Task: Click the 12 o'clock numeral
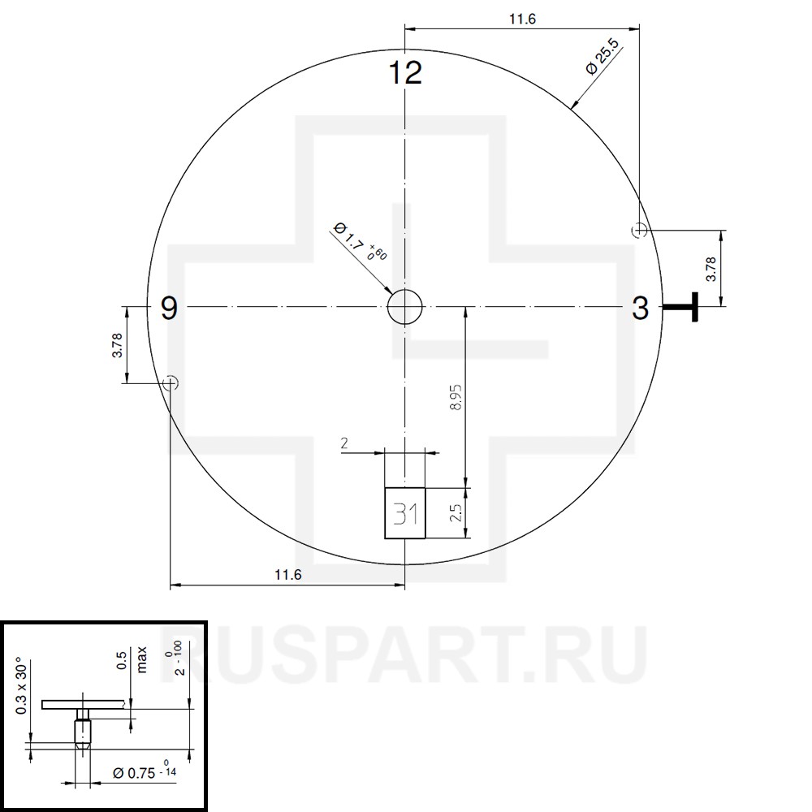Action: pos(405,72)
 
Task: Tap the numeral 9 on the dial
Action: pos(169,308)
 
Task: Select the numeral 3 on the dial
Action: pos(640,308)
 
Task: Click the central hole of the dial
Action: pos(405,307)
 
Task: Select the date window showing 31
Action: pos(405,513)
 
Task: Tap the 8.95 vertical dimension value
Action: pos(456,397)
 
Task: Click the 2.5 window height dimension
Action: pos(456,513)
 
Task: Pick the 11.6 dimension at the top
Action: pos(522,19)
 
